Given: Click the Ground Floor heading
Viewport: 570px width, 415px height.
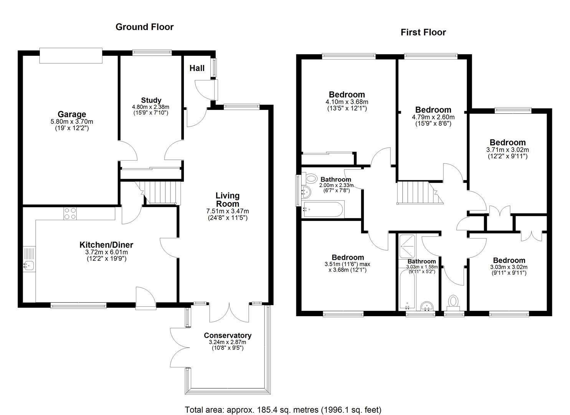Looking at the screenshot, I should pyautogui.click(x=144, y=27).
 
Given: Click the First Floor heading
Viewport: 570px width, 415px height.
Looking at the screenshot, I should pyautogui.click(x=423, y=32).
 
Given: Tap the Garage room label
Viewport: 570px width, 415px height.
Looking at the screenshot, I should pyautogui.click(x=72, y=114).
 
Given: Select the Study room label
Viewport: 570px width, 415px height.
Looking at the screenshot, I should pyautogui.click(x=151, y=100).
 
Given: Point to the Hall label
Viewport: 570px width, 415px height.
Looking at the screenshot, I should pyautogui.click(x=197, y=68).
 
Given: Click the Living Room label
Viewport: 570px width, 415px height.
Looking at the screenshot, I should pyautogui.click(x=227, y=200).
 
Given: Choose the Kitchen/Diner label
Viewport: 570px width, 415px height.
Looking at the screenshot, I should pyautogui.click(x=106, y=245).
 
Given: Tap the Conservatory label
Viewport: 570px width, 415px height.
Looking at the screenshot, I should pyautogui.click(x=227, y=335).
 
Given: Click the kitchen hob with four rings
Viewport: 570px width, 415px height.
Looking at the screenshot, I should pyautogui.click(x=70, y=213).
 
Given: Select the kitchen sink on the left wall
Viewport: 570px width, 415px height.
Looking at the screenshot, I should pyautogui.click(x=29, y=264).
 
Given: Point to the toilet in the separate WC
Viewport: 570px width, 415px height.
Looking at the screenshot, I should pyautogui.click(x=454, y=301).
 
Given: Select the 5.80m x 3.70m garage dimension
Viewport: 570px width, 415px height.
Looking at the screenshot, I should pyautogui.click(x=72, y=122).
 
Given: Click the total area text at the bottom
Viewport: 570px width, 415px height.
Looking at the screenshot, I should pyautogui.click(x=283, y=410).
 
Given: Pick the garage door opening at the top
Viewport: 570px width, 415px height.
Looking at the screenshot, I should pyautogui.click(x=71, y=56).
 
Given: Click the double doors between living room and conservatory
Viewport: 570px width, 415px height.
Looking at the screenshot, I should pyautogui.click(x=229, y=312).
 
